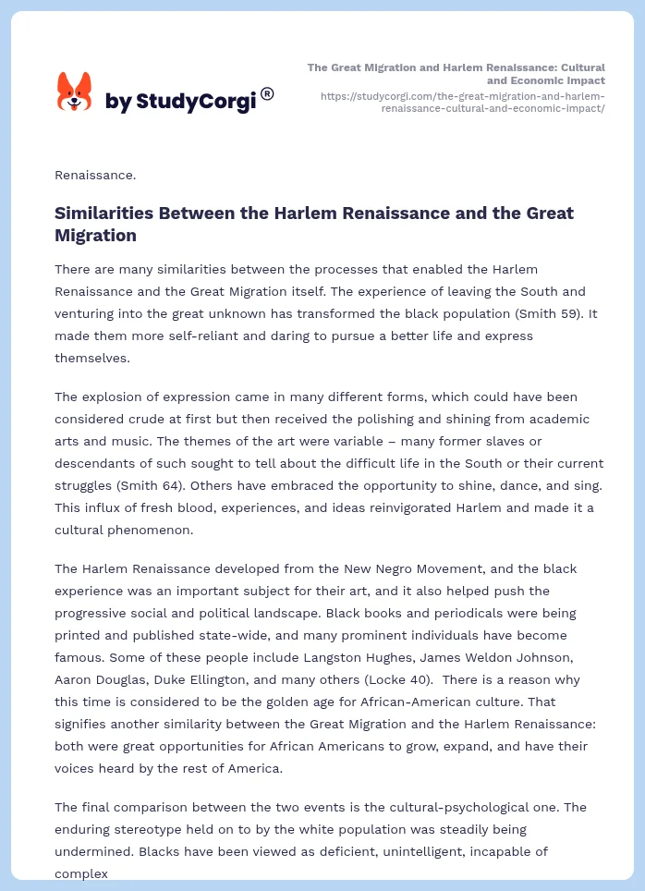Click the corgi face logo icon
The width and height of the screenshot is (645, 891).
click(x=75, y=92)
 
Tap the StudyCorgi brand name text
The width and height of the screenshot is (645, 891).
click(x=180, y=102)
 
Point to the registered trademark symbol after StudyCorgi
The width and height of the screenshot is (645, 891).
click(x=267, y=93)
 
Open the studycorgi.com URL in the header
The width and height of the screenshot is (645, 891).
click(x=463, y=102)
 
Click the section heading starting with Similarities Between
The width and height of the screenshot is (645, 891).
click(x=314, y=224)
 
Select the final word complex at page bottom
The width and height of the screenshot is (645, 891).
click(x=81, y=873)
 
